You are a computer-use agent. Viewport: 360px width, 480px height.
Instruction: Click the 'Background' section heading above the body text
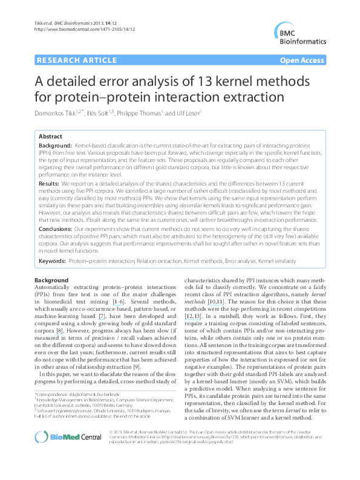click(51, 281)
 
